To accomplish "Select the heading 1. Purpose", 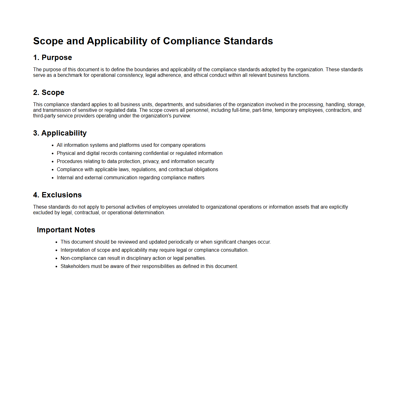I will click(52, 58).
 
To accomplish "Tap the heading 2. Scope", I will click(49, 93).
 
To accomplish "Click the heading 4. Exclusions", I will click(57, 195).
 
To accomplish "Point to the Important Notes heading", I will click(66, 230).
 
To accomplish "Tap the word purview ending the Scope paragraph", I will click(182, 116).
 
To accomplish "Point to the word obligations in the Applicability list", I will click(206, 170).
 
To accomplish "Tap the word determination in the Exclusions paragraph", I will click(149, 213).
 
